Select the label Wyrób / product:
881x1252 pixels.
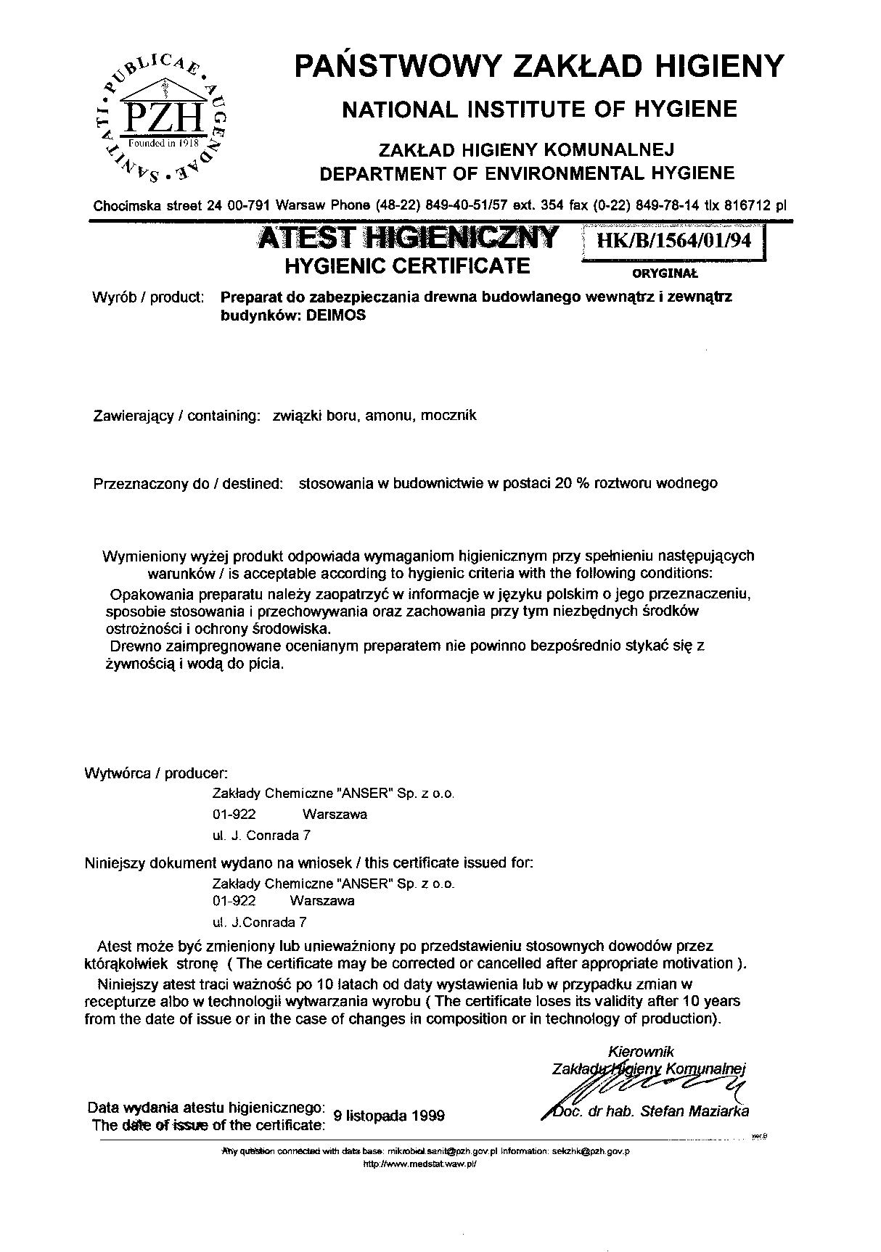[148, 297]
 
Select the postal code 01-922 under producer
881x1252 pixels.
[234, 814]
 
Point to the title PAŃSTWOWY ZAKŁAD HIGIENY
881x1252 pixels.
[540, 66]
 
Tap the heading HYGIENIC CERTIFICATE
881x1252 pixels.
[407, 266]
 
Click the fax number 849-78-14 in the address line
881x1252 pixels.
[663, 205]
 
